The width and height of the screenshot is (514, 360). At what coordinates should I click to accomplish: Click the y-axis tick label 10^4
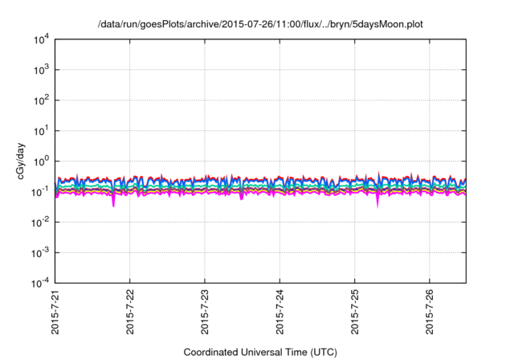(x=39, y=39)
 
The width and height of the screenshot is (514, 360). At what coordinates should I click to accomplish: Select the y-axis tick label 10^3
(x=39, y=70)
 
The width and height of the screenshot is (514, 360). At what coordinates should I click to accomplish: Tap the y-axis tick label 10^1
(x=39, y=130)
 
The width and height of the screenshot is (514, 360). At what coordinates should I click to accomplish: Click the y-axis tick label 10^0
(x=39, y=161)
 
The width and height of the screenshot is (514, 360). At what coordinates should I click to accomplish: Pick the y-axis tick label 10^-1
(x=39, y=191)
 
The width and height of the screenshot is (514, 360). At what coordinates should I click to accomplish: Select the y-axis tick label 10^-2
(x=39, y=222)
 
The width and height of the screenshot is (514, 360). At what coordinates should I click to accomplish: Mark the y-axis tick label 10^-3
(x=39, y=252)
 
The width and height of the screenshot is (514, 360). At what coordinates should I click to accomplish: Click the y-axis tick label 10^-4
(x=39, y=282)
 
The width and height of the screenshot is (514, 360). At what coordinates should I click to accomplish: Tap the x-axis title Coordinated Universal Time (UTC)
(x=260, y=352)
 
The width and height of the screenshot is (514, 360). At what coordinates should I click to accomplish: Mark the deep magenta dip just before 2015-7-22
(x=113, y=203)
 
